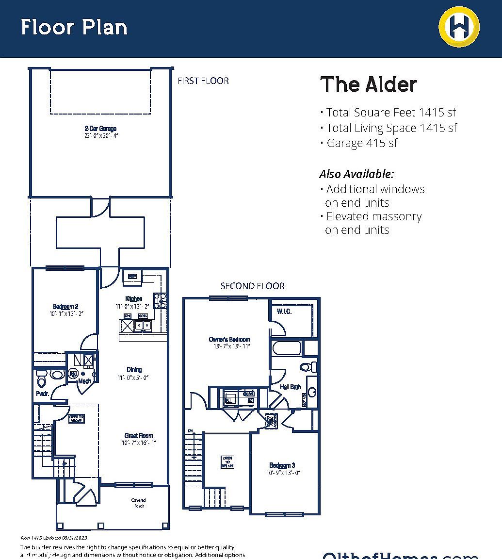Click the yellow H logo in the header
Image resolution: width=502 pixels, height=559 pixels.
tap(459, 26)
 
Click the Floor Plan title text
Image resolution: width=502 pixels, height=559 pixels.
tap(74, 27)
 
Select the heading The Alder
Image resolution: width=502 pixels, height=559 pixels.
tap(369, 84)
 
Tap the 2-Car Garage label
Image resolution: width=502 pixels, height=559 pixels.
tap(100, 129)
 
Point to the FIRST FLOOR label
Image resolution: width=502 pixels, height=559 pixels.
tap(203, 81)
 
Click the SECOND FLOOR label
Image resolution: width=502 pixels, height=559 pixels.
tap(252, 286)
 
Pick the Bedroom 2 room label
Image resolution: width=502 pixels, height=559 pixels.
tap(65, 306)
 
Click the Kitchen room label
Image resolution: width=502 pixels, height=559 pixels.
tap(134, 298)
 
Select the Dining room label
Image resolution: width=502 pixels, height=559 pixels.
tap(134, 370)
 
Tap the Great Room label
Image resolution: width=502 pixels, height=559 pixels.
tap(139, 435)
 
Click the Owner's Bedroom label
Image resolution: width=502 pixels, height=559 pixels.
tap(229, 339)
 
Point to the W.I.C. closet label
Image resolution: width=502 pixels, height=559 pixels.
tap(284, 312)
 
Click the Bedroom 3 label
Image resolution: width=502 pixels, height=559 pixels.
tap(282, 465)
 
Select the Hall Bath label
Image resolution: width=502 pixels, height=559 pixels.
tap(291, 387)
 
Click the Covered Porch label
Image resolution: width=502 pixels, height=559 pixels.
tap(138, 503)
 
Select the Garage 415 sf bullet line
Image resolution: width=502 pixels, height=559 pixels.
tap(361, 143)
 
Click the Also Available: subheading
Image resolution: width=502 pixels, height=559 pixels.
tap(356, 174)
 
